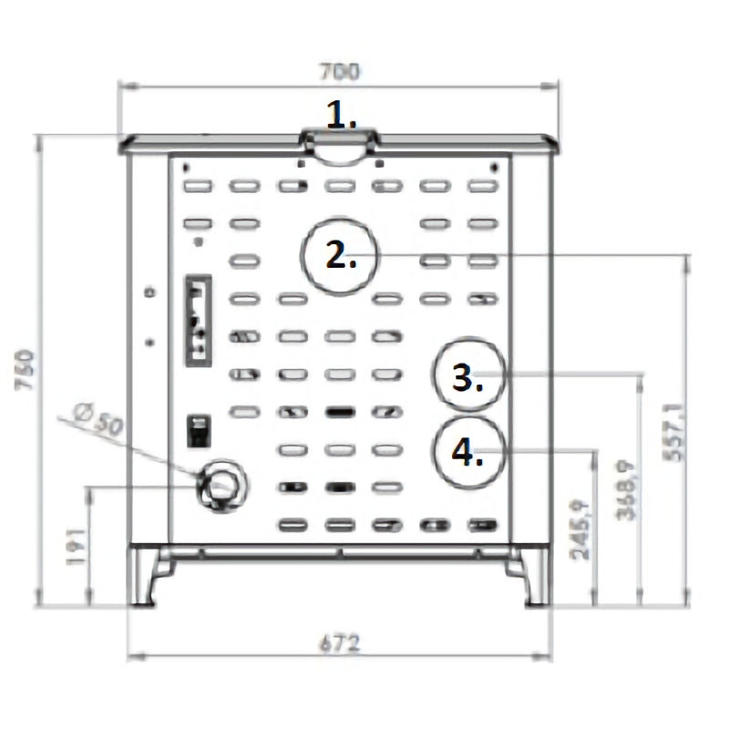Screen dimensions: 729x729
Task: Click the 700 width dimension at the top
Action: pyautogui.click(x=340, y=70)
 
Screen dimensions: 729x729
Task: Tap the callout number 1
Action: pyautogui.click(x=341, y=116)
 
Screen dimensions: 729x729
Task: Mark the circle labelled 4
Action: pyautogui.click(x=467, y=452)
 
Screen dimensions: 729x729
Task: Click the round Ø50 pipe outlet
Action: pyautogui.click(x=221, y=484)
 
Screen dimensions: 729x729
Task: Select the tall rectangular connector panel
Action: pyautogui.click(x=199, y=320)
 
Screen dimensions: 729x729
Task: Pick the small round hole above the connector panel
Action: pyautogui.click(x=199, y=242)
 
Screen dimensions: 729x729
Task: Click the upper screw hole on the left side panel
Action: pyautogui.click(x=150, y=292)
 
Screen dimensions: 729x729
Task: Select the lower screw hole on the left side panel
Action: pyautogui.click(x=150, y=342)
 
